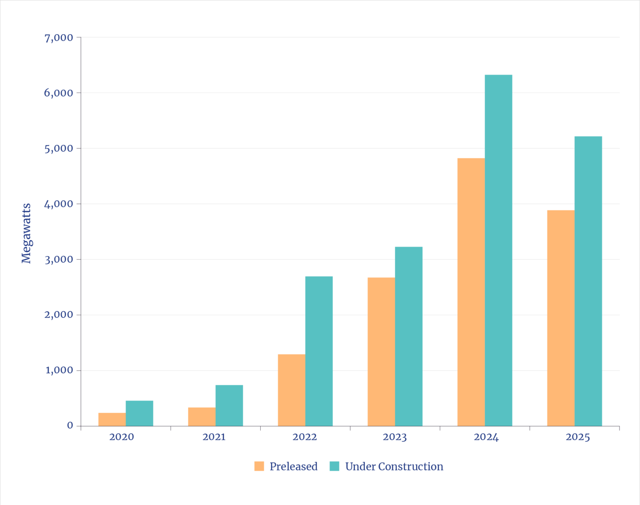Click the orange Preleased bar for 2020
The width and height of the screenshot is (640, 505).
(112, 419)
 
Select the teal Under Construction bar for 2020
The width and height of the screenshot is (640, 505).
(140, 413)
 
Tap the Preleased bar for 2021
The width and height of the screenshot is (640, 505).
(201, 416)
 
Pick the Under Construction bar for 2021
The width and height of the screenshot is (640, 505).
(229, 405)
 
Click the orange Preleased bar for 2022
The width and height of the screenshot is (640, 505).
(291, 390)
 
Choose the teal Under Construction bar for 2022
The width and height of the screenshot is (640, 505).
(319, 351)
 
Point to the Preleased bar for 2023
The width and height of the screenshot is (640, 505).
(381, 351)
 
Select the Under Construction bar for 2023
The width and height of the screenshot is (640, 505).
(409, 336)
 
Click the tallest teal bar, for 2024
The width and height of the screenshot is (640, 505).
(498, 250)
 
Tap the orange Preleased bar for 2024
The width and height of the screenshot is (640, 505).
(471, 292)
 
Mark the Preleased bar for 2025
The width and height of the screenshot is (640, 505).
(560, 318)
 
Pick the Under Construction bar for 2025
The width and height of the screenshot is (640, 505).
(588, 281)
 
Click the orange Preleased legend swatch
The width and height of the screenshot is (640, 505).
(259, 466)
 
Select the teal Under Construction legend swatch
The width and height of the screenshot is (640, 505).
(335, 466)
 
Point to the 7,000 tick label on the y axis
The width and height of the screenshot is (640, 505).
(59, 38)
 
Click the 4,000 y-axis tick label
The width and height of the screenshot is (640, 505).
(59, 204)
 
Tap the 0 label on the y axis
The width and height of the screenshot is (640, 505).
(70, 426)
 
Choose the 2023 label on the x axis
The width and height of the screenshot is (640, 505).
(395, 437)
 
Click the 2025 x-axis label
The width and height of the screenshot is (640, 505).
(578, 437)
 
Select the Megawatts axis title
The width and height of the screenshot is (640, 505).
(26, 233)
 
